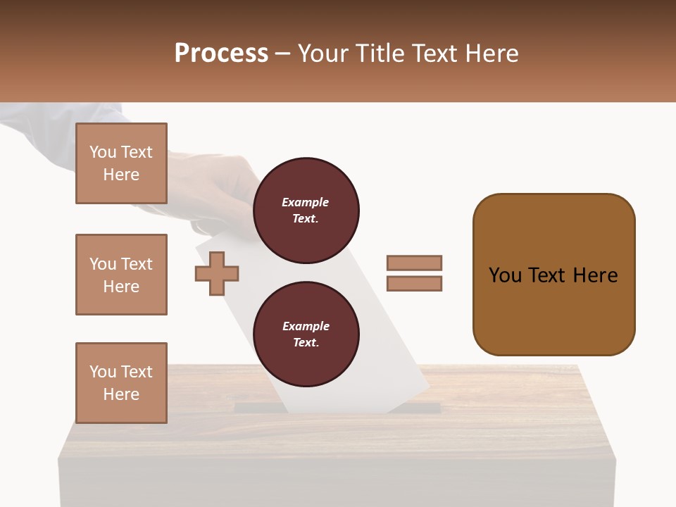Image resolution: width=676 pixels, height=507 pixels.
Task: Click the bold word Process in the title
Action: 221,54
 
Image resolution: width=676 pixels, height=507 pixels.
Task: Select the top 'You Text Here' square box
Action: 121,163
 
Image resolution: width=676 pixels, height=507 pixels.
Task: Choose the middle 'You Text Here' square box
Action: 121,275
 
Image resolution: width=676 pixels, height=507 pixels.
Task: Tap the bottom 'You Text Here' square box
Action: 121,383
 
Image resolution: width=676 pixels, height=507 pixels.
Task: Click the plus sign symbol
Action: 217,273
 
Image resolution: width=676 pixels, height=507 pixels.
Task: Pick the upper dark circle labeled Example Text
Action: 306,211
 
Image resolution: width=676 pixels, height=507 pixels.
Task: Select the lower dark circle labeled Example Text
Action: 306,334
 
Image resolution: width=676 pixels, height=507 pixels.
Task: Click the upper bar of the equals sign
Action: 415,263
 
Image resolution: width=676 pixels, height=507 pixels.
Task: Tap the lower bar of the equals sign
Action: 415,284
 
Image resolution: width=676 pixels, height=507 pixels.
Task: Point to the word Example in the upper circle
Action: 306,202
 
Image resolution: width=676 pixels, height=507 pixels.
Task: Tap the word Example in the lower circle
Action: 306,326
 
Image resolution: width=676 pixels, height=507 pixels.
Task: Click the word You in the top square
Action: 103,152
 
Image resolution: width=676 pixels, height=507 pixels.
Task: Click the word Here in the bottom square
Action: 121,394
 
